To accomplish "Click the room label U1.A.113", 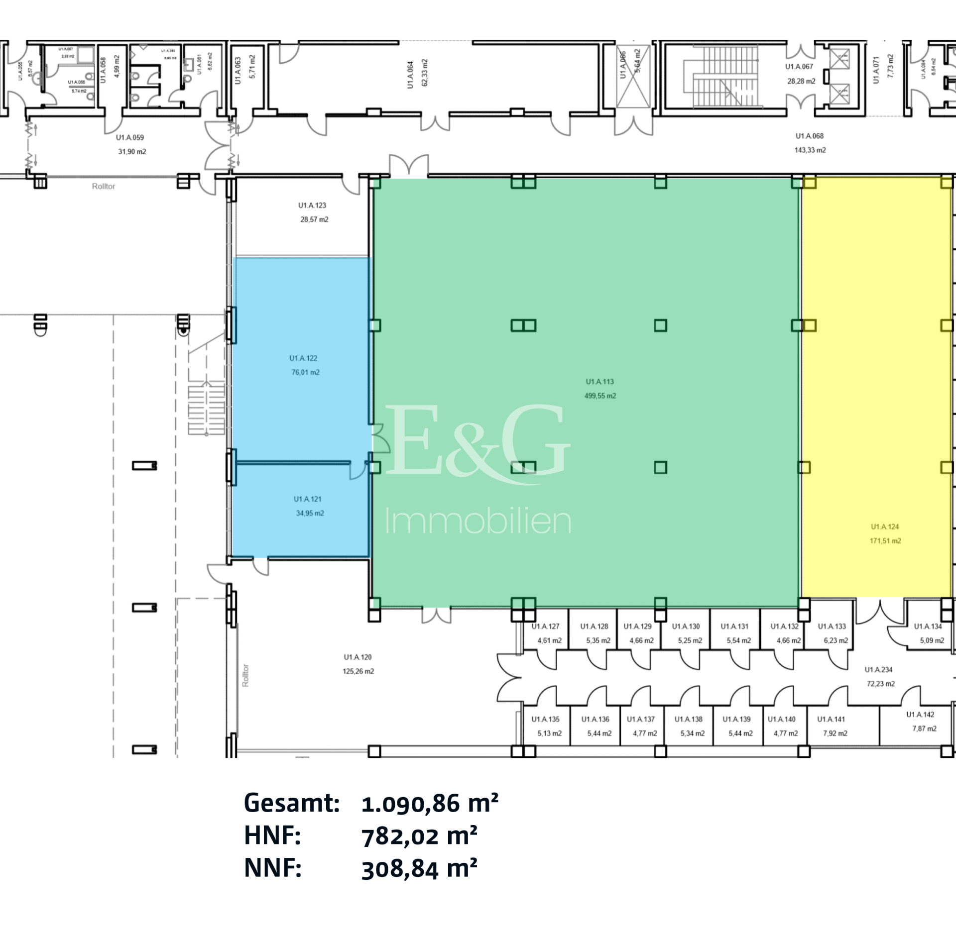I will click(599, 382).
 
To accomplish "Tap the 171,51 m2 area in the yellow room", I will click(885, 541).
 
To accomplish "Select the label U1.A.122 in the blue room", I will click(303, 358).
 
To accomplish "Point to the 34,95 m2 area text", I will click(310, 513).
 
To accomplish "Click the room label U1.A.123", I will click(312, 205).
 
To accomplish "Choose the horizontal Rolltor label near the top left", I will click(103, 186).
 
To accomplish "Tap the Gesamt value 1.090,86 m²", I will click(429, 804).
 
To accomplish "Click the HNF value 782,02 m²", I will click(419, 836).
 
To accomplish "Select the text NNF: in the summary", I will click(272, 868).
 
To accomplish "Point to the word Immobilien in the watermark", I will click(478, 521).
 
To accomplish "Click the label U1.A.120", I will click(358, 657).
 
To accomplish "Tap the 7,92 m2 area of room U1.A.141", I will click(835, 733).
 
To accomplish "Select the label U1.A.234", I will click(878, 670).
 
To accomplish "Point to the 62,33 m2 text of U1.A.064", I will click(425, 73).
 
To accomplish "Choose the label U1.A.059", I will click(130, 137).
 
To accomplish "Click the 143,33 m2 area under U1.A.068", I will click(810, 150).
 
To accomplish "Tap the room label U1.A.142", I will click(920, 715).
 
